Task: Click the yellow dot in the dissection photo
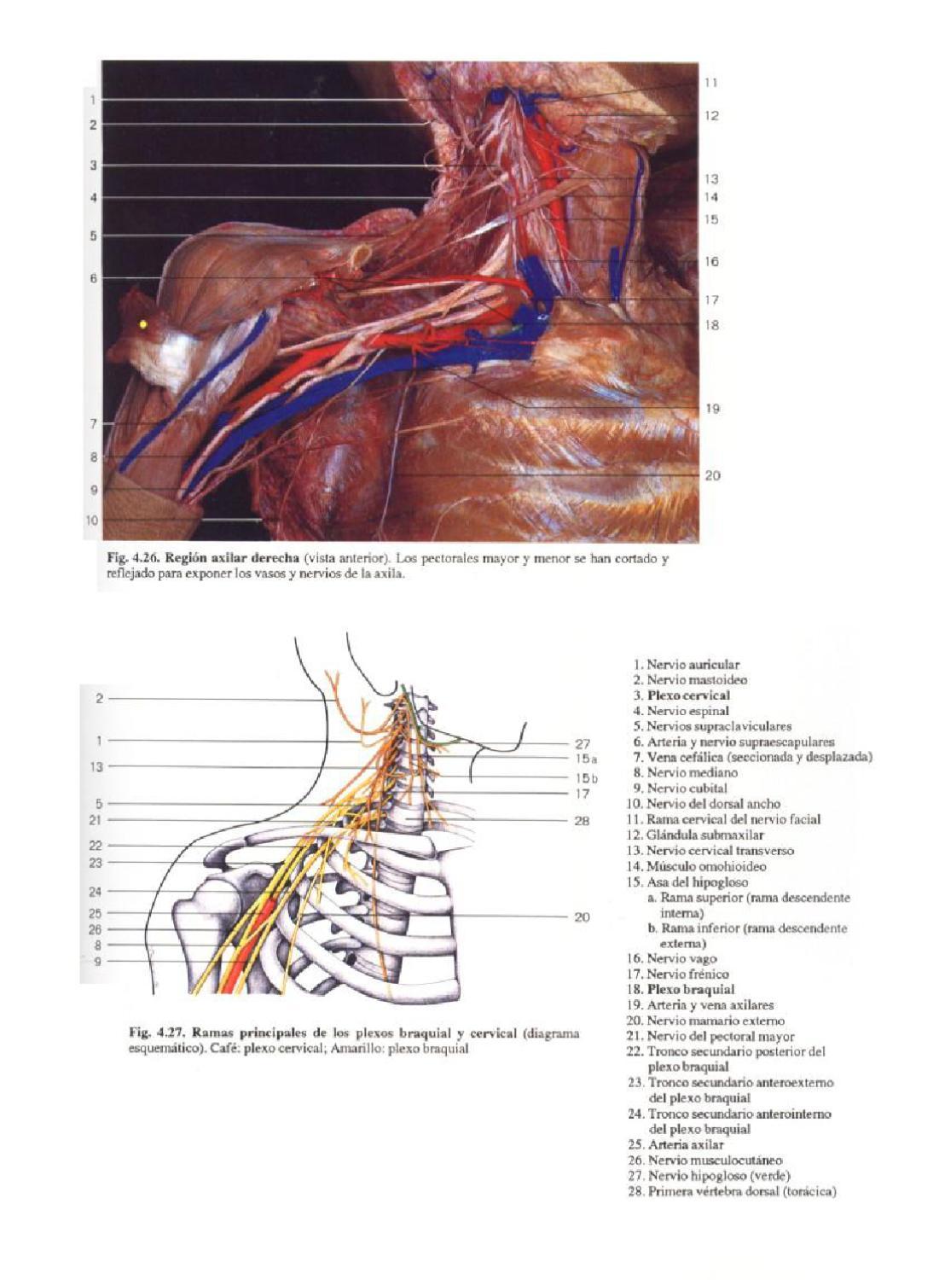tap(143, 323)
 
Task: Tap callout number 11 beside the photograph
tap(710, 83)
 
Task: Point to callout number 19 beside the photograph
tap(712, 409)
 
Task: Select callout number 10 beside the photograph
tap(91, 520)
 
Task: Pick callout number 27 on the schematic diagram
tap(582, 744)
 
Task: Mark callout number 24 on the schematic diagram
tap(96, 892)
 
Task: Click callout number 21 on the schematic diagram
tap(96, 820)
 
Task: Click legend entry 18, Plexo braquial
tap(679, 990)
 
